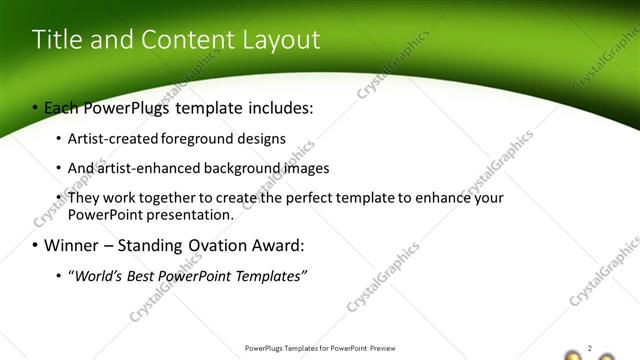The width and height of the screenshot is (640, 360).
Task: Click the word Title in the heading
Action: [x=56, y=40]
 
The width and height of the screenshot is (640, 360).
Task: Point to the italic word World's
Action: [x=95, y=275]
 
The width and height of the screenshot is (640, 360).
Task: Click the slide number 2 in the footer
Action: [x=590, y=348]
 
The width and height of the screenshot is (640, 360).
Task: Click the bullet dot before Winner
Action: [x=36, y=246]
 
